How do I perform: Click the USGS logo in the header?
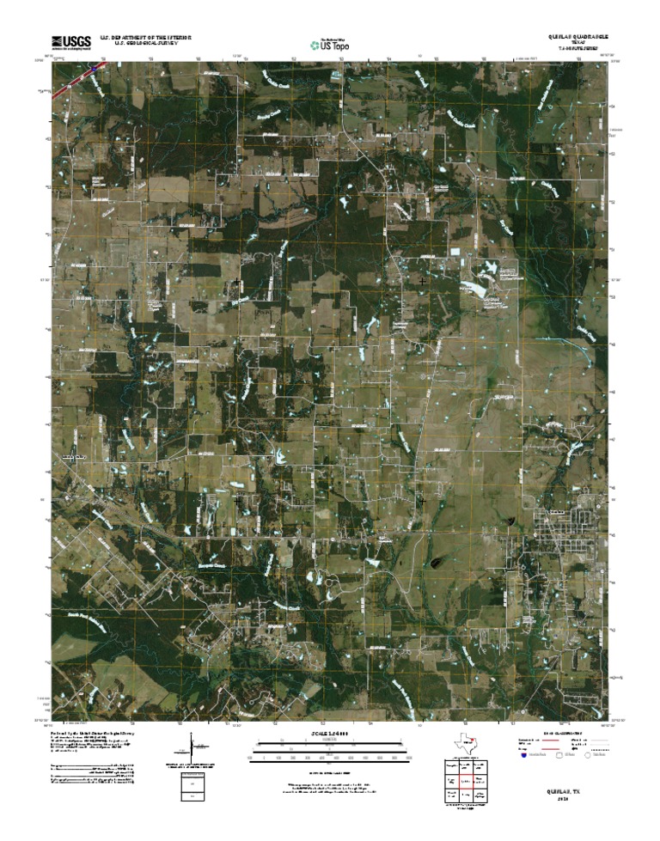71,41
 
